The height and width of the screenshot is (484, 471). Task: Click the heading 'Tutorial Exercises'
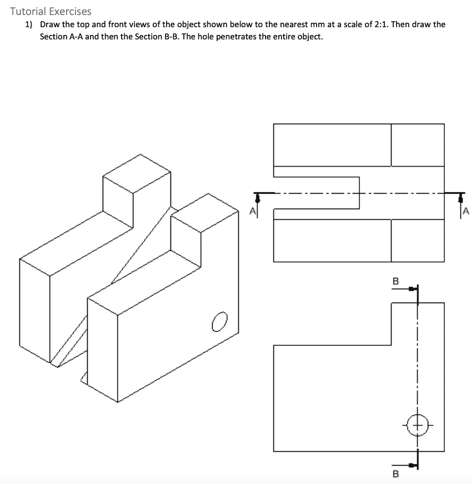pos(51,11)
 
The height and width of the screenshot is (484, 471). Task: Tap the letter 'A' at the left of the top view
pos(253,211)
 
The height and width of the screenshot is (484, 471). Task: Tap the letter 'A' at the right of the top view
pos(465,211)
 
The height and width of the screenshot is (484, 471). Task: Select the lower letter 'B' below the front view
pos(395,474)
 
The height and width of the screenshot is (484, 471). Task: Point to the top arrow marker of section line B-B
pos(413,289)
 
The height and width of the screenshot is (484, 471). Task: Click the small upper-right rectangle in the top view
pos(418,144)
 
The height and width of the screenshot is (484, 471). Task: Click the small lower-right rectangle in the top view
pos(418,240)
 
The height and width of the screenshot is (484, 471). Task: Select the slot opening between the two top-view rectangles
pos(317,193)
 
